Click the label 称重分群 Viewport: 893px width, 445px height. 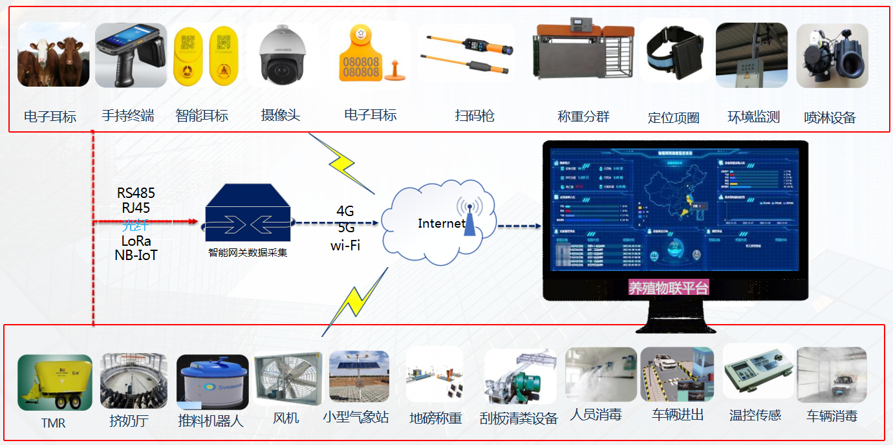[x=583, y=116]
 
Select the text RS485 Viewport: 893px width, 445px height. [x=136, y=193]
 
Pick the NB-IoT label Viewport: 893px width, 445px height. [x=136, y=255]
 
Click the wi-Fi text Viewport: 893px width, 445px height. [x=345, y=246]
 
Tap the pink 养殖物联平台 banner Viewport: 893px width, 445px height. [x=669, y=288]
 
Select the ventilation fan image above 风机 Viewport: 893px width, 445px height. [x=286, y=380]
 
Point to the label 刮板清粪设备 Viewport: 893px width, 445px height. [x=519, y=418]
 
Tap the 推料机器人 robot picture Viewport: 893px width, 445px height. [x=212, y=383]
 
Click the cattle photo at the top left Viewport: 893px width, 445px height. [x=54, y=55]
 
